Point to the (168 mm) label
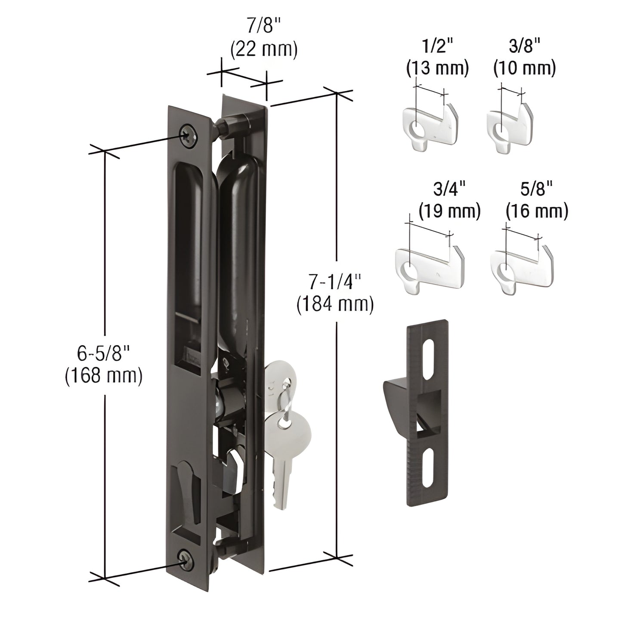[103, 375]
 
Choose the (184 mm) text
[335, 303]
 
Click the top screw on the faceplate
[188, 135]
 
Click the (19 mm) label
[449, 211]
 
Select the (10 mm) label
[524, 68]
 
